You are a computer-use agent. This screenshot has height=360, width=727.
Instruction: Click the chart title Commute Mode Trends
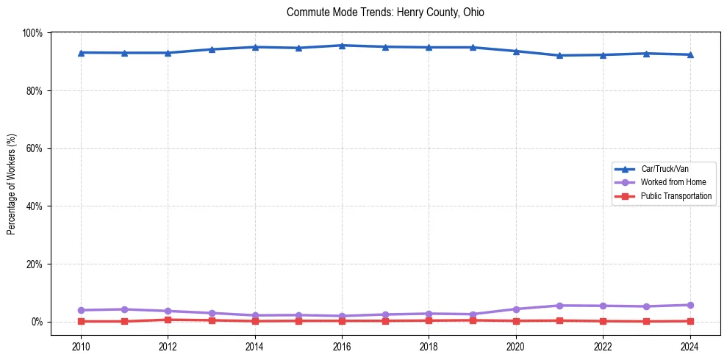click(x=385, y=12)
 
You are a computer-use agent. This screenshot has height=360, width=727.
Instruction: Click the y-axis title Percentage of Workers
click(x=12, y=184)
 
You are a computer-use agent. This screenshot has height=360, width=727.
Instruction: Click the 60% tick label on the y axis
click(x=35, y=148)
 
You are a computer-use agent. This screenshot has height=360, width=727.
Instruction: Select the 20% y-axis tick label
click(x=35, y=264)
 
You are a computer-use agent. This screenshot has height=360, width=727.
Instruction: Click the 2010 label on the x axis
click(x=81, y=347)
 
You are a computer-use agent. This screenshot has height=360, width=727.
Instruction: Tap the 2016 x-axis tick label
click(x=342, y=347)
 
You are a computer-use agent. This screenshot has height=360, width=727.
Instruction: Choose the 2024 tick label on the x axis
click(x=690, y=347)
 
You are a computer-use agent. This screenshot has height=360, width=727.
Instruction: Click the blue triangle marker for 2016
click(x=342, y=46)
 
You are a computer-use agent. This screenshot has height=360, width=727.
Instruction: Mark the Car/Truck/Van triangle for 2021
click(x=559, y=55)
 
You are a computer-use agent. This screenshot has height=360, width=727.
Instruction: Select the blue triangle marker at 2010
click(x=81, y=53)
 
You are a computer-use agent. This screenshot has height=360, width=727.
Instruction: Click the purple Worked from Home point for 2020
click(x=516, y=309)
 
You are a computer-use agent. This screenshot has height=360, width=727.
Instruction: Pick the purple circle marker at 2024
click(x=690, y=305)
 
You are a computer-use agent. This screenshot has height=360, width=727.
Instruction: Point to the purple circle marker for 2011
click(x=124, y=309)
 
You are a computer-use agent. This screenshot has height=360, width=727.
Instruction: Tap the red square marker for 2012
click(x=168, y=320)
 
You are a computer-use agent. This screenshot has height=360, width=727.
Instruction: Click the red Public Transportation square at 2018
click(x=429, y=320)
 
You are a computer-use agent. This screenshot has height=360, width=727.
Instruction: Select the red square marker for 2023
click(x=646, y=321)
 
